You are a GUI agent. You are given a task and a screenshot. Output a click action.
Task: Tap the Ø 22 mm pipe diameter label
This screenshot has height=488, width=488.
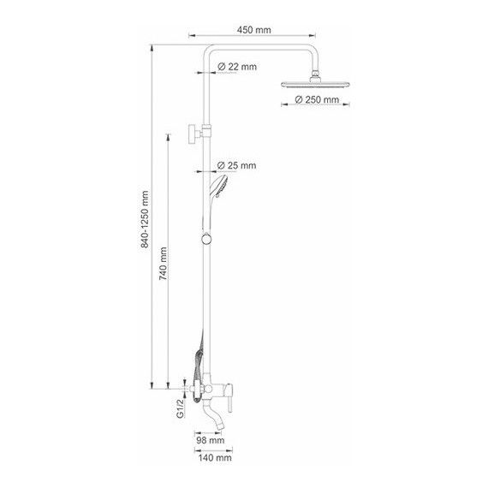[238, 67]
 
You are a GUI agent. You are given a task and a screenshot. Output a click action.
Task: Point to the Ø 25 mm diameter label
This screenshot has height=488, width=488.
[238, 164]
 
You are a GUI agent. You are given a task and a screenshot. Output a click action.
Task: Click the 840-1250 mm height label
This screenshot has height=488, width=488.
[146, 219]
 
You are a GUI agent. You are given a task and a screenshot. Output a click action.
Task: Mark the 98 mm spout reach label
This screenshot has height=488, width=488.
[210, 441]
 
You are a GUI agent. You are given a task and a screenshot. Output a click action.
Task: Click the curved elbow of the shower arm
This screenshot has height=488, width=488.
[211, 51]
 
